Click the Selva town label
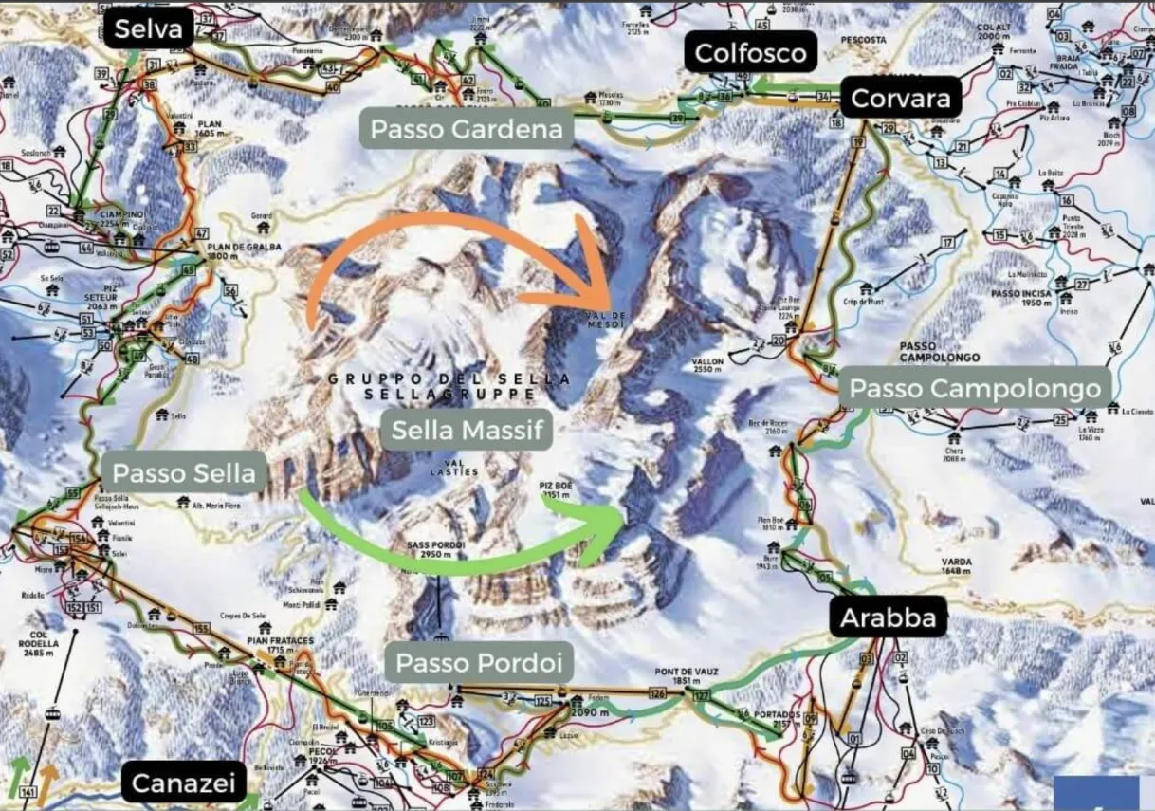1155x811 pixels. pyautogui.click(x=149, y=29)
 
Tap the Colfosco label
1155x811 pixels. pyautogui.click(x=750, y=53)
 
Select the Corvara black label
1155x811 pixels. pyautogui.click(x=900, y=98)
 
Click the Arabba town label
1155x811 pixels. pyautogui.click(x=889, y=618)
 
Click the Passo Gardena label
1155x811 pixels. pyautogui.click(x=466, y=129)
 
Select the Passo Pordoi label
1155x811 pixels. pyautogui.click(x=478, y=662)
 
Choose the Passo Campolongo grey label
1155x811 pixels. pyautogui.click(x=975, y=388)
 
